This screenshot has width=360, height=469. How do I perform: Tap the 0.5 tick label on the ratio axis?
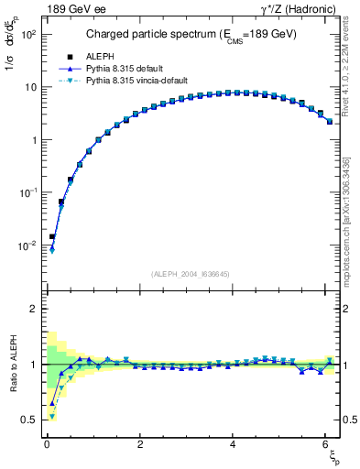click(29, 420)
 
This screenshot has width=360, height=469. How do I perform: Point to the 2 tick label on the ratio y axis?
click(33, 309)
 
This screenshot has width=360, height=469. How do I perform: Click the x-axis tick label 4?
click(234, 445)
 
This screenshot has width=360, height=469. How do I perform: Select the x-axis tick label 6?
click(327, 445)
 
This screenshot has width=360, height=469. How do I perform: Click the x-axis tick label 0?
click(47, 445)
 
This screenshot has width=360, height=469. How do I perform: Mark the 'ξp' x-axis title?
click(332, 458)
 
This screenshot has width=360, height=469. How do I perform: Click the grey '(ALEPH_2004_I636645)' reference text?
click(190, 273)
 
